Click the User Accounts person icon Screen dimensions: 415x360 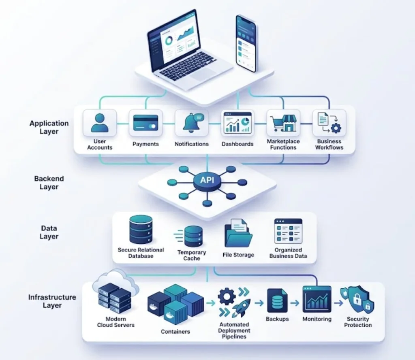point(100,123)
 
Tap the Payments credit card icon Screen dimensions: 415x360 point(145,123)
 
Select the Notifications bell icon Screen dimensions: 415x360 point(193,123)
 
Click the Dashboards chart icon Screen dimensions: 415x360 point(237,122)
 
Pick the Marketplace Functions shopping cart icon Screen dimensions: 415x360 point(283,123)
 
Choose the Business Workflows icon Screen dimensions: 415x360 point(329,122)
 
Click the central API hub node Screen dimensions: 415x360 point(207,181)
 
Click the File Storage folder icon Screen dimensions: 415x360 point(238,233)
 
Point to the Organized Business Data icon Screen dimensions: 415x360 point(288,231)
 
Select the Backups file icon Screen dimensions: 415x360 point(277,301)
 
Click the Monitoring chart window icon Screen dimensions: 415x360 point(317,299)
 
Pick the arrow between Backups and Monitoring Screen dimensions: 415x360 point(295,303)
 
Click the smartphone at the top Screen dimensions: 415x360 point(246,43)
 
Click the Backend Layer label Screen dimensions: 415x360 point(49,183)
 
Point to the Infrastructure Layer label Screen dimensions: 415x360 point(52,301)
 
